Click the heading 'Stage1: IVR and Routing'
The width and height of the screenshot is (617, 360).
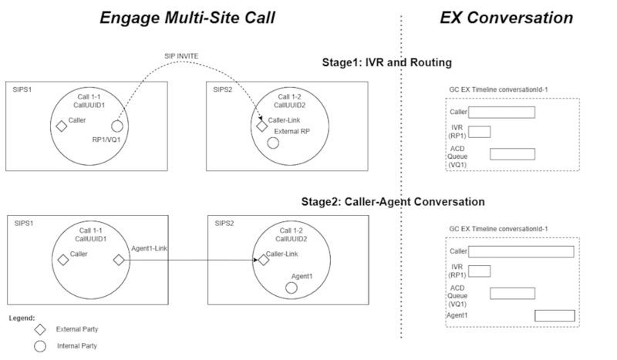pos(387,63)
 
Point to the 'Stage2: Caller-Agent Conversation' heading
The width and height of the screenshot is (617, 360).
pos(393,202)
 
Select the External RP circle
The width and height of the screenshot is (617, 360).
pos(272,143)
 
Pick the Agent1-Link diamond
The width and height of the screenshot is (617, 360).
pos(119,260)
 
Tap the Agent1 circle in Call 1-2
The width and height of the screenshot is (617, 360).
pos(290,287)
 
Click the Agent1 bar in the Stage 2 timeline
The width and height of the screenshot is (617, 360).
pos(554,315)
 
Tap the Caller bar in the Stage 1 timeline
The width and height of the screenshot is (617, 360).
pos(502,113)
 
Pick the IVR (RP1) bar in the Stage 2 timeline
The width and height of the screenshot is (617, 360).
pos(480,271)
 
